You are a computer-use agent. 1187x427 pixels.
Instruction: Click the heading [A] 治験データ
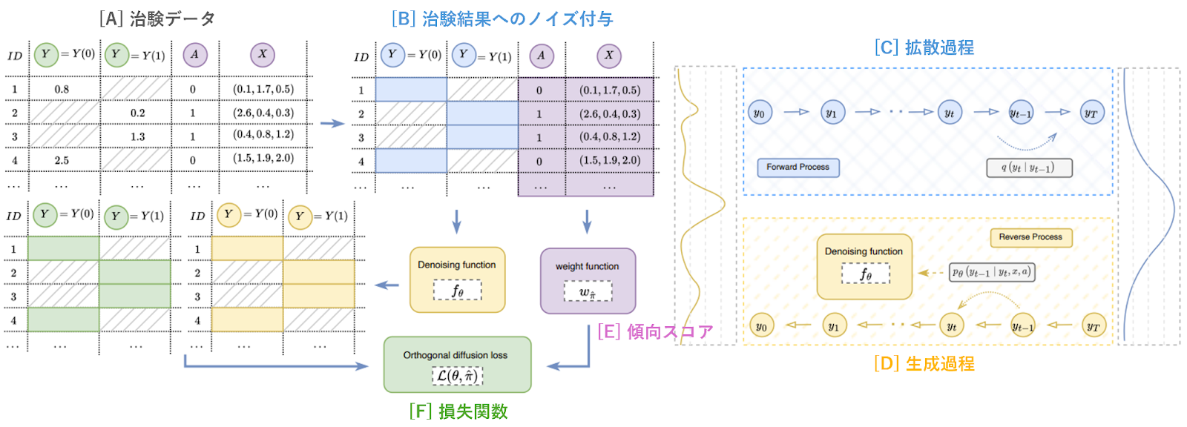click(157, 19)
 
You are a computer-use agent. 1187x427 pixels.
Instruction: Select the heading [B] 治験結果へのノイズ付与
click(502, 19)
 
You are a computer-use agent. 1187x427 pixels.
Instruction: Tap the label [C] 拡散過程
click(924, 47)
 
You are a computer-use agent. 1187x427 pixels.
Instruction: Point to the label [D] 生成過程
click(924, 363)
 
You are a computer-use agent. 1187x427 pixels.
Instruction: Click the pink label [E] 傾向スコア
click(655, 331)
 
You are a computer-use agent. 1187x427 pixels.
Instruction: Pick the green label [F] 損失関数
click(458, 411)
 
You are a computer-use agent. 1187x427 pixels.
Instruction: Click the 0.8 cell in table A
click(62, 90)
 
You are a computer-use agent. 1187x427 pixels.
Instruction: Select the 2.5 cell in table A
click(62, 160)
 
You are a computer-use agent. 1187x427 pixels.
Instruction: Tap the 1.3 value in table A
click(138, 136)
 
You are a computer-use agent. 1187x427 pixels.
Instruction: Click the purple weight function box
click(588, 281)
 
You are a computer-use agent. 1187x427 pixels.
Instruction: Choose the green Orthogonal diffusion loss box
click(457, 365)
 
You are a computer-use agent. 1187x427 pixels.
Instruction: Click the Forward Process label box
click(798, 168)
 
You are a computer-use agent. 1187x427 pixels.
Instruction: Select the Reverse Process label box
click(1030, 237)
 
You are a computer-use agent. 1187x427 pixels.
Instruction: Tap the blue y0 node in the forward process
click(759, 113)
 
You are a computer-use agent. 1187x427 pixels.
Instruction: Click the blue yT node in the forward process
click(1091, 113)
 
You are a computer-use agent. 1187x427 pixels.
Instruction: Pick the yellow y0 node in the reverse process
click(761, 325)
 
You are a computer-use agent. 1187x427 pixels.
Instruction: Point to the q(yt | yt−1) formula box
click(1028, 168)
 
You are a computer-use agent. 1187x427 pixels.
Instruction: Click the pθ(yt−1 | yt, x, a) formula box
click(992, 272)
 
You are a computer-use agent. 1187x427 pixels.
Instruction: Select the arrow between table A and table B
click(332, 124)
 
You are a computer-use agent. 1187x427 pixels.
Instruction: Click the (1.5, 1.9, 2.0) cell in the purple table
click(610, 161)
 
